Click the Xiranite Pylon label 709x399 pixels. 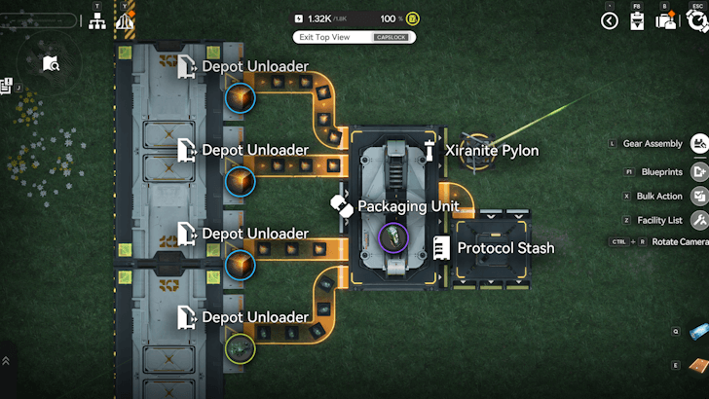click(492, 151)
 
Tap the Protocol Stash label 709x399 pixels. click(505, 248)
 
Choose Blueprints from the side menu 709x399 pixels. click(661, 171)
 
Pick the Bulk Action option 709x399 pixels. click(659, 196)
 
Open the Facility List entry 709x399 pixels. click(658, 221)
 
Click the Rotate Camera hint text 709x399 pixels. click(681, 241)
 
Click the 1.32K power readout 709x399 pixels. click(318, 18)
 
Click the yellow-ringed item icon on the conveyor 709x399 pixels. click(240, 348)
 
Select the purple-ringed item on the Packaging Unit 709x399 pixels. click(392, 236)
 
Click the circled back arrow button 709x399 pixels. click(610, 20)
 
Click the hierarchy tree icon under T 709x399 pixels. click(97, 20)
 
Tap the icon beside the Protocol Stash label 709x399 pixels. click(442, 248)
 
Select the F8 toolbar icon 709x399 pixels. click(636, 21)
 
